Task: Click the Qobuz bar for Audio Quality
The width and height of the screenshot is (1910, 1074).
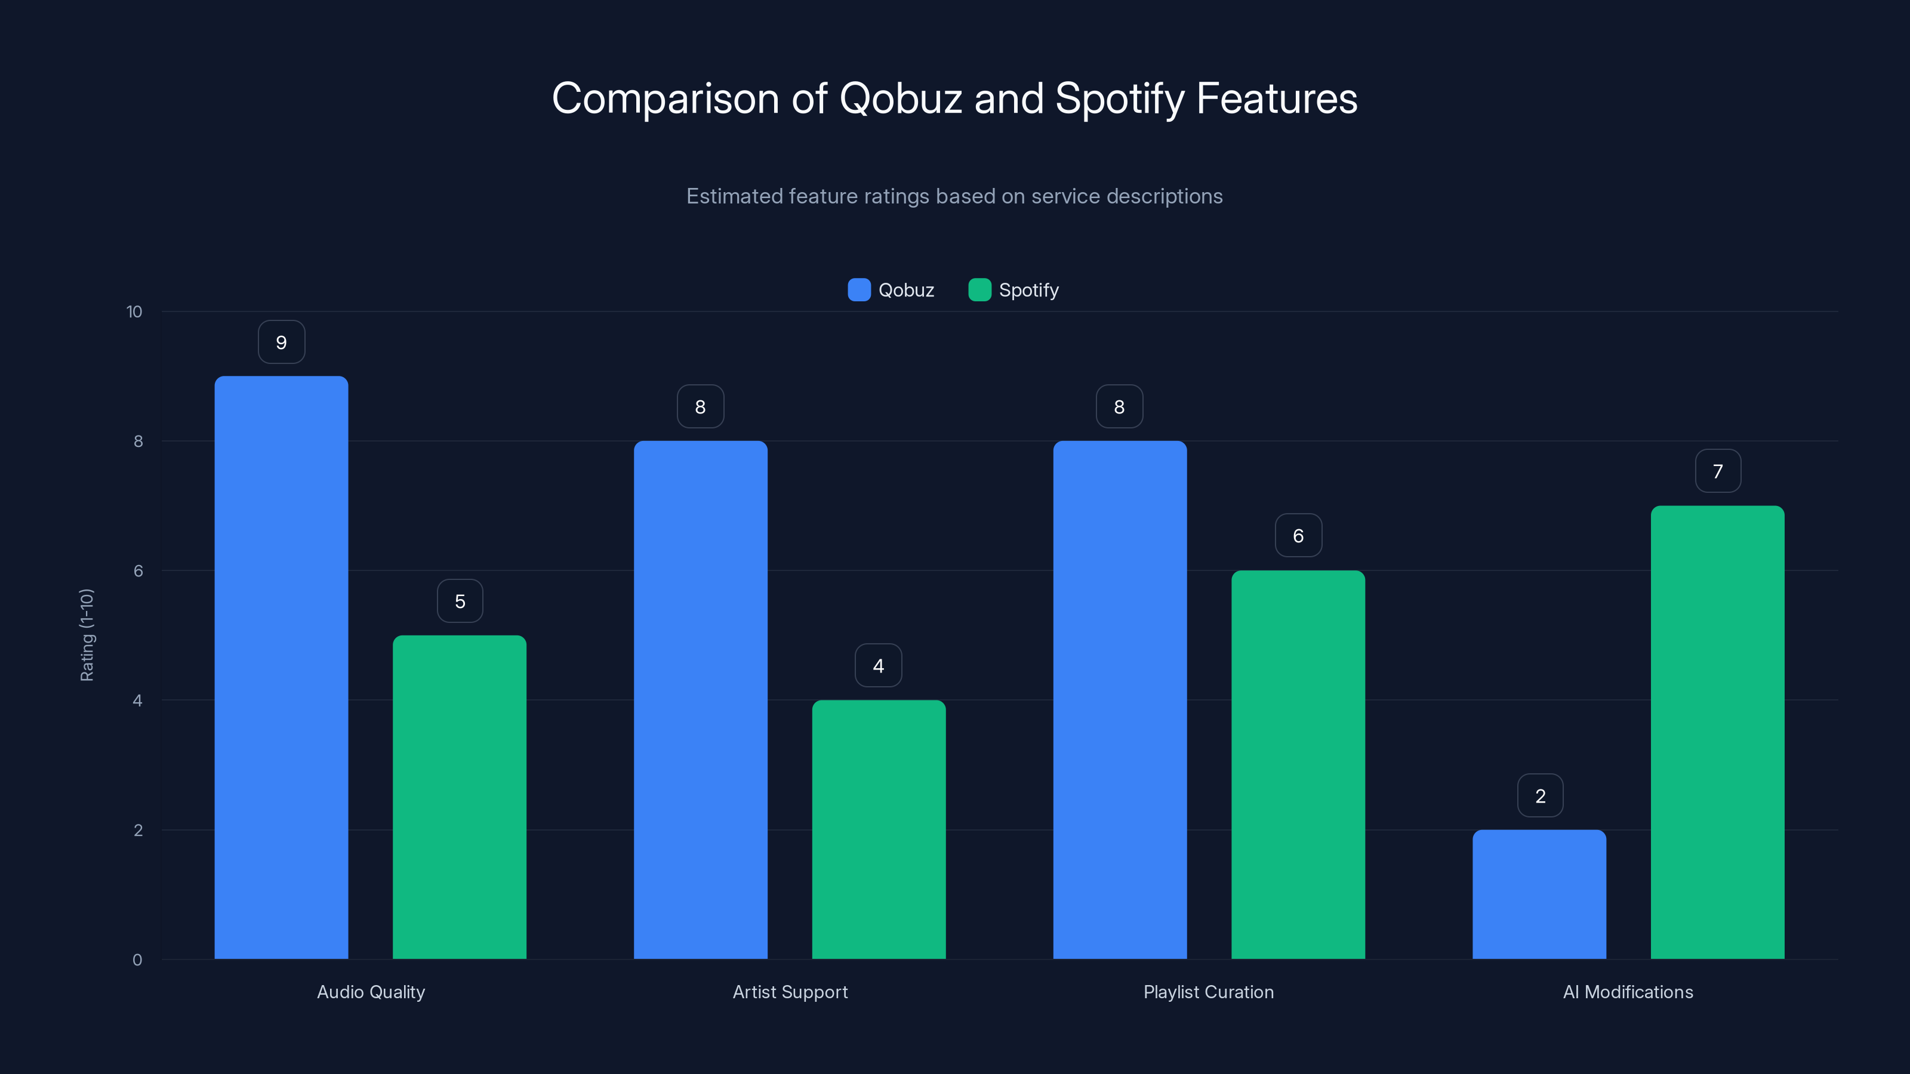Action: tap(281, 667)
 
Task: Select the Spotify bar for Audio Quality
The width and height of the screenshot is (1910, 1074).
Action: tap(459, 797)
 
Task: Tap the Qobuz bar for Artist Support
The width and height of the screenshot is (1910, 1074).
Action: tap(700, 700)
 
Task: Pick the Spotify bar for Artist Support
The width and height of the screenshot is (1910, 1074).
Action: tap(879, 829)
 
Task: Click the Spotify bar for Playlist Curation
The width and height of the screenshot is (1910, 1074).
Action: tap(1298, 764)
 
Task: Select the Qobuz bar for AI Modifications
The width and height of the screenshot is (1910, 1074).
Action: tap(1539, 894)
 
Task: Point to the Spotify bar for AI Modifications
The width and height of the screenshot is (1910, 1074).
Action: tap(1717, 732)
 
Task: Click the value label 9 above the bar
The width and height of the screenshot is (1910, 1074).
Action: tap(281, 342)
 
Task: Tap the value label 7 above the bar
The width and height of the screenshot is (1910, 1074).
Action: tap(1717, 471)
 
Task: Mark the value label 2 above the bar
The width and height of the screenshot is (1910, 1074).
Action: tap(1540, 796)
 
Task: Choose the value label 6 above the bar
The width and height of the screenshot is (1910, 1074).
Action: tap(1298, 536)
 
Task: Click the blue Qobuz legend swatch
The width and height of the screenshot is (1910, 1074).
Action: tap(859, 290)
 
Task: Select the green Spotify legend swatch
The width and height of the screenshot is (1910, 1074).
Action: tap(979, 290)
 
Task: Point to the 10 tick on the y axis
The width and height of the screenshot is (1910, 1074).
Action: tap(134, 312)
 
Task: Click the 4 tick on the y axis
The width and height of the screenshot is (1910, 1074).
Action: tap(137, 700)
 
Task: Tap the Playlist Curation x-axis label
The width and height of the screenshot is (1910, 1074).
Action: tap(1208, 992)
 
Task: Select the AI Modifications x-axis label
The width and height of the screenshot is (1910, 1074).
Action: tap(1628, 992)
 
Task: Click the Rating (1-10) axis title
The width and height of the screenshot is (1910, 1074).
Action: tap(87, 635)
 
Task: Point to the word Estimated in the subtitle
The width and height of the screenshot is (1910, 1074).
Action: tap(734, 196)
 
